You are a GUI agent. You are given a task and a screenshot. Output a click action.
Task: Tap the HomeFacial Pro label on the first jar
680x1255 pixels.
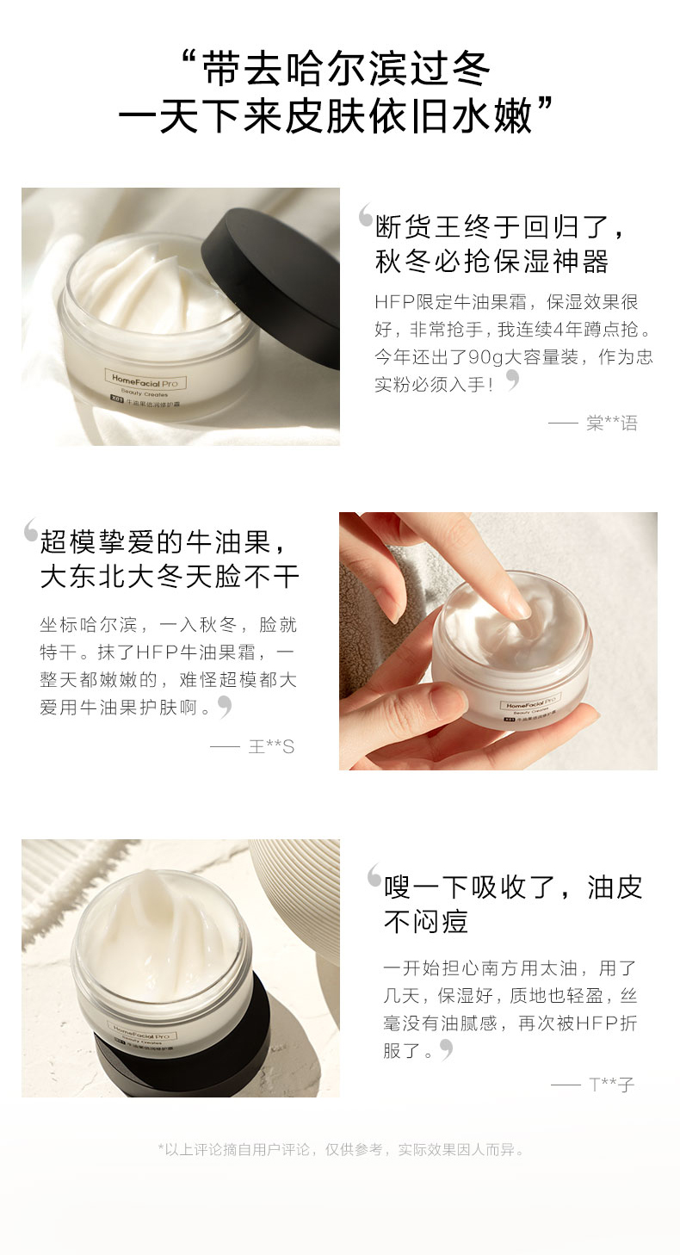145,383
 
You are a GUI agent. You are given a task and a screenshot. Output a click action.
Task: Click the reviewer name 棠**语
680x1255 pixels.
612,423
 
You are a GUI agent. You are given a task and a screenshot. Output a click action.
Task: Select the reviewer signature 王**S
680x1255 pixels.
271,747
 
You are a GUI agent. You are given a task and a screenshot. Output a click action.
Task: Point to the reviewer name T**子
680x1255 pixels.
611,1085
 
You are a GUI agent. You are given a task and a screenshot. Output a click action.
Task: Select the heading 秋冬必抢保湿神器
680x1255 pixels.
491,262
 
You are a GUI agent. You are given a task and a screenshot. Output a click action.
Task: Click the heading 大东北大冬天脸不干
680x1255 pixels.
170,577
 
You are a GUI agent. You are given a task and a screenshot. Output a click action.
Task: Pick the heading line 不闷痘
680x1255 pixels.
426,922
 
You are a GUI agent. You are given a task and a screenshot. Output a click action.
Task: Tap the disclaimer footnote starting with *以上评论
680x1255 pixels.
341,1150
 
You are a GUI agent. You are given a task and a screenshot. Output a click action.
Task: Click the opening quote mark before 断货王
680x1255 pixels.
366,214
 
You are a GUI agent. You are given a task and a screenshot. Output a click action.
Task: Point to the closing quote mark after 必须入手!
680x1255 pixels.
512,380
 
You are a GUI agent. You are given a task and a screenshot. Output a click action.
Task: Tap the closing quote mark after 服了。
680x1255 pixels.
446,1049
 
